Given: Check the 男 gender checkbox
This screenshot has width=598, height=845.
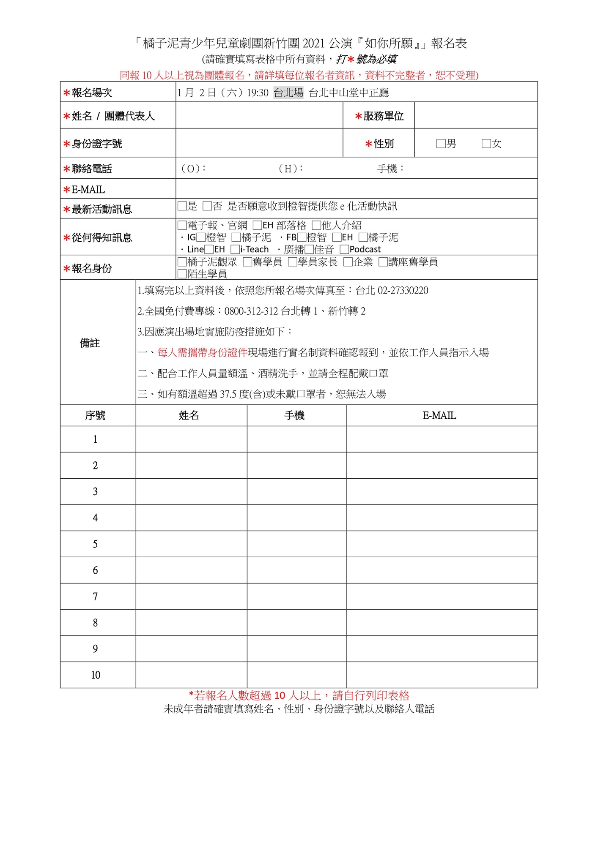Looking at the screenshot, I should click(x=441, y=144).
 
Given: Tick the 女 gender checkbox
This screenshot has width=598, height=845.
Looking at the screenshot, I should click(x=486, y=144).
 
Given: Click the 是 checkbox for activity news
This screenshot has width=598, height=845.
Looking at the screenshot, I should click(x=182, y=206).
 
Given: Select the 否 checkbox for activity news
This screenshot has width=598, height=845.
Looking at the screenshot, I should click(x=207, y=206).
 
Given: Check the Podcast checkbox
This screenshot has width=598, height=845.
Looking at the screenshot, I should click(x=344, y=249).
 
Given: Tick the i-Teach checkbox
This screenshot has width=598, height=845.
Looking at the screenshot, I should click(x=235, y=249).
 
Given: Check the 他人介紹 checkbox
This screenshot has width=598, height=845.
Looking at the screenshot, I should click(x=316, y=225).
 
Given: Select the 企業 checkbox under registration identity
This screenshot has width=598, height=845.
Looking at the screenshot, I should click(x=348, y=262).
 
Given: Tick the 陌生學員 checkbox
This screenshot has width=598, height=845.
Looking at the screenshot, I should click(x=182, y=274).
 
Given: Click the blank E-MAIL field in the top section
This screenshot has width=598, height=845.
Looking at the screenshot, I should click(x=356, y=189).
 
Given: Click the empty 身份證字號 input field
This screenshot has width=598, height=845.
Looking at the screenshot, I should click(x=259, y=143).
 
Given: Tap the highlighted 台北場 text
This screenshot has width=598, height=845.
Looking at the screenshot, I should click(x=288, y=93).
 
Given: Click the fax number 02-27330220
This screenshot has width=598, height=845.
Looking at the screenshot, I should click(x=403, y=291).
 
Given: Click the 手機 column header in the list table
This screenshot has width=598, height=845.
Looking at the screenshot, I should click(x=294, y=416).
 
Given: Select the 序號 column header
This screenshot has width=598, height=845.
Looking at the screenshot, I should click(x=95, y=416).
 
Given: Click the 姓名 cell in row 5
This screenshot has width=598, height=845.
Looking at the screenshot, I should click(x=191, y=544).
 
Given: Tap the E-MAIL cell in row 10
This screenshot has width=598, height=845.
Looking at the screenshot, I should click(x=442, y=675).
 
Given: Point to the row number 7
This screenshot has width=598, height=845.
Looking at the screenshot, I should click(x=95, y=597).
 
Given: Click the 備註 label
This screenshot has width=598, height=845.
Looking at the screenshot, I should click(x=90, y=343).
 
